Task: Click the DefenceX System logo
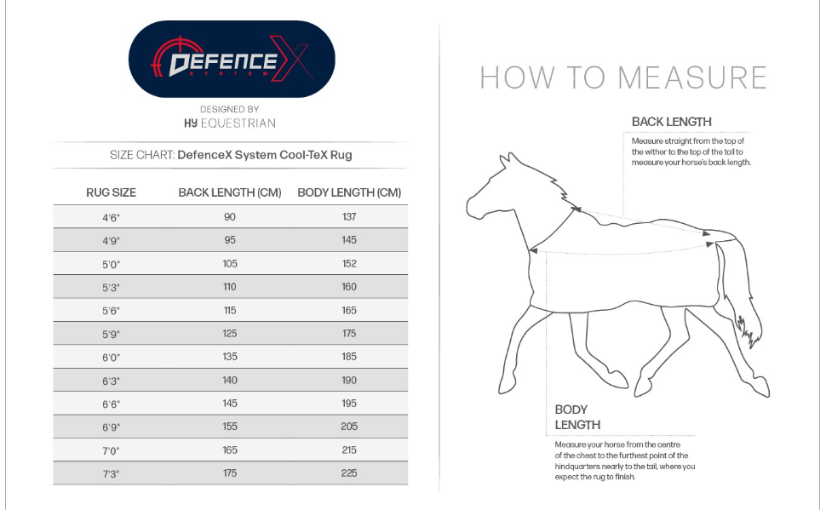[x=232, y=59]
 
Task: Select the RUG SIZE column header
[x=112, y=192]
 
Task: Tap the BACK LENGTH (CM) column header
[x=230, y=192]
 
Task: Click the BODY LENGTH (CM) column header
[x=349, y=192]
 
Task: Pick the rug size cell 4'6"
[x=112, y=218]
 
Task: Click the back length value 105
[x=230, y=263]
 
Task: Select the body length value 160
[x=349, y=287]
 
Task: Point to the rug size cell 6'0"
[x=112, y=358]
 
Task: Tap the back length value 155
[x=230, y=427]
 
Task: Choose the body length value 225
[x=349, y=473]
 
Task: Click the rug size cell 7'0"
[x=112, y=451]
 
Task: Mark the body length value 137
[x=349, y=216]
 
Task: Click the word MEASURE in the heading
[x=692, y=78]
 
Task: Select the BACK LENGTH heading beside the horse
[x=672, y=122]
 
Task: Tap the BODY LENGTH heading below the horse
[x=577, y=417]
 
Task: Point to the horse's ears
[x=508, y=159]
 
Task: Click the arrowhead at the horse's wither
[x=576, y=209]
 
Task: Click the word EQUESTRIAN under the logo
[x=238, y=123]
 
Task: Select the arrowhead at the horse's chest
[x=533, y=251]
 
